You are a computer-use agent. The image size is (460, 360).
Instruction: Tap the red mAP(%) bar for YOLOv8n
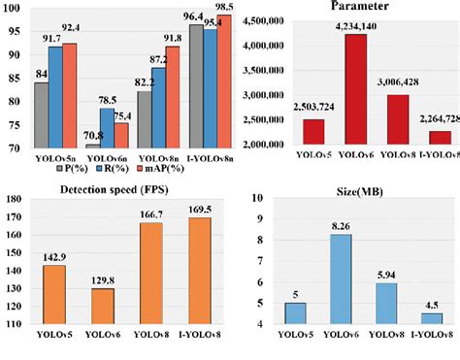point(172,97)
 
